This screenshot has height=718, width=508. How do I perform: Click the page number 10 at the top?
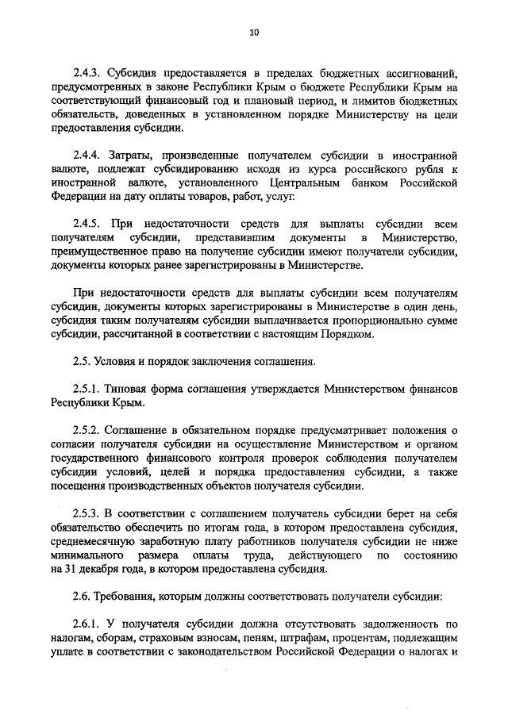tap(254, 33)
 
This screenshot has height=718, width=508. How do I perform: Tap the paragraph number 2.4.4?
tap(90, 156)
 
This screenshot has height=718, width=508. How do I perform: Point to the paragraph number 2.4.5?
tap(90, 225)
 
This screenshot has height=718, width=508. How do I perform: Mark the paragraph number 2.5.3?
tap(90, 513)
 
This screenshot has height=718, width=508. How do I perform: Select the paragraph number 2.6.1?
tap(90, 624)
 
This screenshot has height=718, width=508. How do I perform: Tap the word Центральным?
tap(297, 183)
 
